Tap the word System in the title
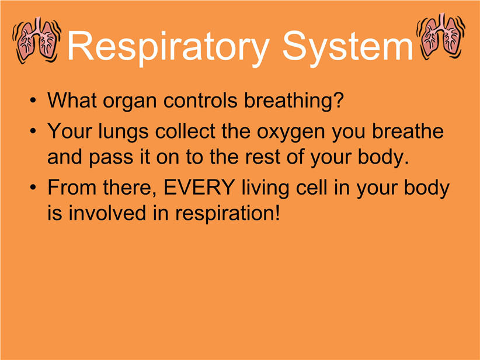pos(348,46)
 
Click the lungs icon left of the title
pos(37,40)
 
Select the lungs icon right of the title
pos(440,36)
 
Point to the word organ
pos(130,101)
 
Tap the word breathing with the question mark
pos(294,101)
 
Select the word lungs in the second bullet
pos(123,132)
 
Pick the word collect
pos(185,131)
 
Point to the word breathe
pos(408,131)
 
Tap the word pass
pos(111,158)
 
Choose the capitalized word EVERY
pos(199,187)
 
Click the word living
pos(265,188)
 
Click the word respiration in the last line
pos(228,214)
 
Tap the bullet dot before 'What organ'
pos(33,101)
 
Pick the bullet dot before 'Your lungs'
pos(33,131)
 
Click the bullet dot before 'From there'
pos(33,188)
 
